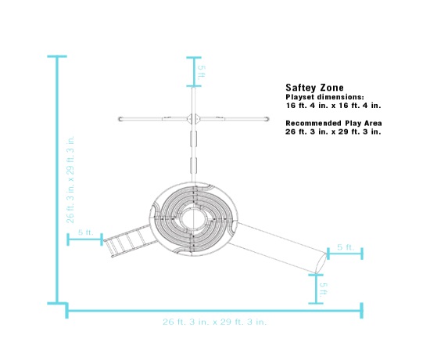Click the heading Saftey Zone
point(314,88)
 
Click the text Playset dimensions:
point(324,96)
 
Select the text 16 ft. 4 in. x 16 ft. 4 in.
point(333,104)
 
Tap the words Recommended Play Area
point(333,124)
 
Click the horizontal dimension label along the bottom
point(214,322)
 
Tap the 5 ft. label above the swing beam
point(202,72)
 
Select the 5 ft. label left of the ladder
point(85,232)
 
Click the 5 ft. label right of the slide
point(345,247)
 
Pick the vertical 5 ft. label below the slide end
point(323,287)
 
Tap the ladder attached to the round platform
point(128,239)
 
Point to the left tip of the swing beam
point(120,119)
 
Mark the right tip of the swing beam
point(267,119)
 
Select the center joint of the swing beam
point(193,119)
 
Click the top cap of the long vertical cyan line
point(56,57)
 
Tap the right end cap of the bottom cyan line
point(361,311)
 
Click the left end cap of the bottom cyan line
point(67,311)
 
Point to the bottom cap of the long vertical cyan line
point(56,302)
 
